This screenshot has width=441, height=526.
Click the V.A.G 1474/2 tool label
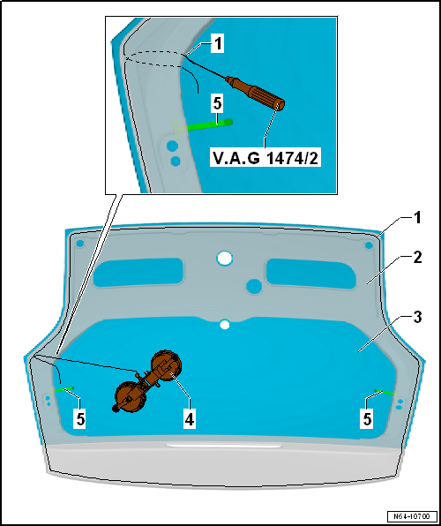click(x=265, y=158)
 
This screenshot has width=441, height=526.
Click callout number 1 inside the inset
click(x=218, y=44)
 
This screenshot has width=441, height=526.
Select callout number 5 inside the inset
click(x=217, y=104)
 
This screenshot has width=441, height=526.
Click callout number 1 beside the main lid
click(x=417, y=219)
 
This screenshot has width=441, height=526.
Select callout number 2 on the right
click(x=416, y=259)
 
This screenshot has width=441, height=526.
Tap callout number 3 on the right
click(x=417, y=318)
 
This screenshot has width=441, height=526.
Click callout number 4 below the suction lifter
click(x=190, y=420)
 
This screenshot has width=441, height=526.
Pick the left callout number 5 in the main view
click(x=80, y=420)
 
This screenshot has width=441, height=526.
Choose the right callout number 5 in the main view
click(x=368, y=420)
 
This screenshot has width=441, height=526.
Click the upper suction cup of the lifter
click(x=167, y=364)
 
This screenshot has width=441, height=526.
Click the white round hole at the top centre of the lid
click(x=225, y=259)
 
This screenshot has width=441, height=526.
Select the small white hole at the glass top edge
click(x=225, y=325)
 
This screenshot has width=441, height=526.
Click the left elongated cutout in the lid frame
click(x=138, y=273)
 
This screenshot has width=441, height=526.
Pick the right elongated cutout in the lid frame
click(x=310, y=274)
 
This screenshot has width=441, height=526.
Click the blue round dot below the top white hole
click(x=254, y=287)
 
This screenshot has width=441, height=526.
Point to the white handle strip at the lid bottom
click(x=224, y=446)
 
